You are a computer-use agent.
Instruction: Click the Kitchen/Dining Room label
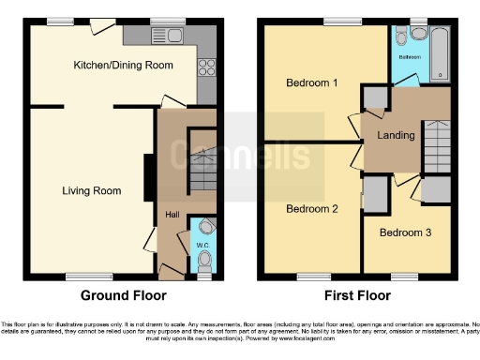[x=124, y=65]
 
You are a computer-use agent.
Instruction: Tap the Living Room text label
[x=92, y=191]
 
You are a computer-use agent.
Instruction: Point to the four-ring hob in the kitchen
[x=205, y=68]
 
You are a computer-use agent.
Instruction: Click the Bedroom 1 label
[x=312, y=82]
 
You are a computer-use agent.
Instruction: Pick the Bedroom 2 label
[x=311, y=208]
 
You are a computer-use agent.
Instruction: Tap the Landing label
[x=396, y=136]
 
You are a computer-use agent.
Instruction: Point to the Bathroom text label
[x=409, y=57]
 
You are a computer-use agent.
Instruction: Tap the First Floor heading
[x=357, y=294]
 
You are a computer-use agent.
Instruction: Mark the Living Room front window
[x=83, y=276]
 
